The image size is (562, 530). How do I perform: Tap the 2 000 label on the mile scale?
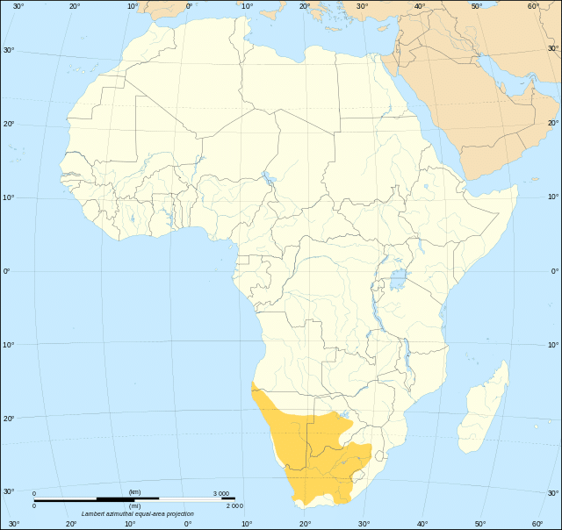pyautogui.click(x=234, y=505)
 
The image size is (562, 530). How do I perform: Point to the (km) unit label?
pyautogui.click(x=134, y=492)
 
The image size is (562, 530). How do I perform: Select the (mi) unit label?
pyautogui.click(x=134, y=505)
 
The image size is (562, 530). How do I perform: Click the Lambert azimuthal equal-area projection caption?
pyautogui.click(x=138, y=514)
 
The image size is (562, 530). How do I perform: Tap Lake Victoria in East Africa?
pyautogui.click(x=400, y=281)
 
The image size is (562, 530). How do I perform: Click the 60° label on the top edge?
pyautogui.click(x=534, y=7)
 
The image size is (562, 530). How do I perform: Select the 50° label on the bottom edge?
pyautogui.click(x=479, y=524)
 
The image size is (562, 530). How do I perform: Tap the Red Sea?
pyautogui.click(x=421, y=123)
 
